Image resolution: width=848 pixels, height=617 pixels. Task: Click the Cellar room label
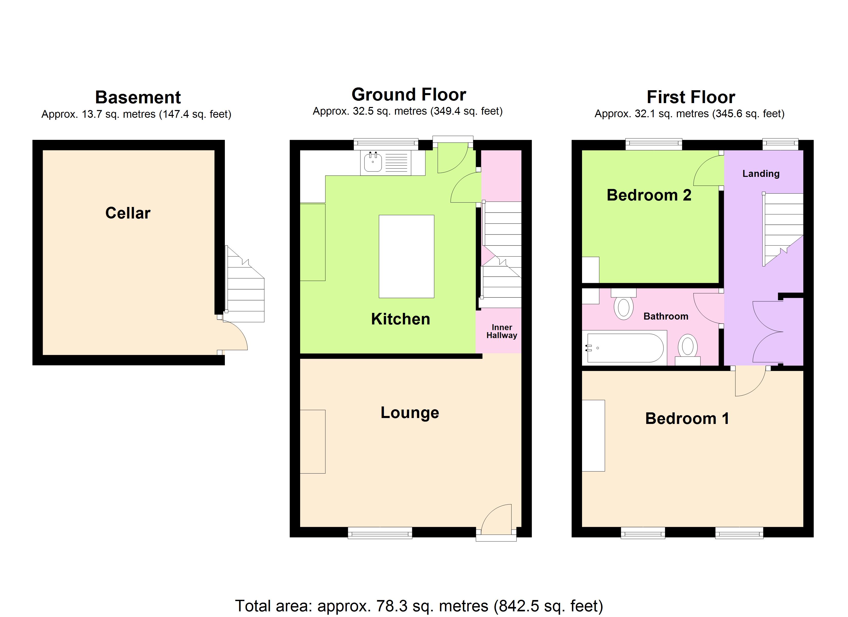tap(128, 213)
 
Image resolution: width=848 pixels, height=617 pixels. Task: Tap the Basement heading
tap(138, 97)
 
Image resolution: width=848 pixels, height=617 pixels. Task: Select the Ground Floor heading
tap(409, 94)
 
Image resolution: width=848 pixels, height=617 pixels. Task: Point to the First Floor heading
tap(691, 97)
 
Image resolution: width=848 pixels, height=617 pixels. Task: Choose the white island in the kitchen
tap(407, 256)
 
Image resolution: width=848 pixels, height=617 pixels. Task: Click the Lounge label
tap(410, 413)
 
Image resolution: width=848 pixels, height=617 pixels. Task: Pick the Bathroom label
tap(666, 316)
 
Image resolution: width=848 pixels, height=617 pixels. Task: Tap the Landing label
tap(761, 174)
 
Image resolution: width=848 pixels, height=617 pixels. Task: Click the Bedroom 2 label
tap(649, 195)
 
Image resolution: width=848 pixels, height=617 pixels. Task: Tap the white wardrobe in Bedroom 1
tap(593, 435)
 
